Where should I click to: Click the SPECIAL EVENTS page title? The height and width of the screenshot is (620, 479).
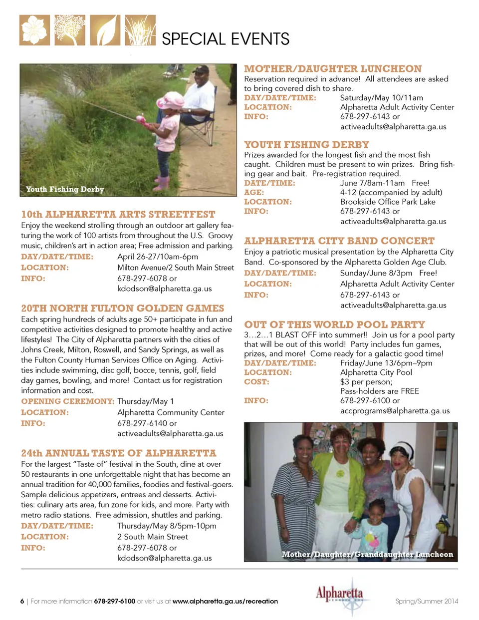pyautogui.click(x=226, y=39)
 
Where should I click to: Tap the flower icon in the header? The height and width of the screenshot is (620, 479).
pyautogui.click(x=34, y=30)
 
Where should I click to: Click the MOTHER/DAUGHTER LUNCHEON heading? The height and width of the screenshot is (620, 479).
pyautogui.click(x=333, y=69)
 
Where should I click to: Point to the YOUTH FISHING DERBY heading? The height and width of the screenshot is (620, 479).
pyautogui.click(x=306, y=145)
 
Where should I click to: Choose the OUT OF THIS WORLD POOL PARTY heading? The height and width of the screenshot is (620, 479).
pyautogui.click(x=334, y=324)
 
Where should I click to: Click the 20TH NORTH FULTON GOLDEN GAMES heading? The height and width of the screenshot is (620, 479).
pyautogui.click(x=122, y=309)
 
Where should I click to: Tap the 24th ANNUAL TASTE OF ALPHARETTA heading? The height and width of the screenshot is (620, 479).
pyautogui.click(x=118, y=453)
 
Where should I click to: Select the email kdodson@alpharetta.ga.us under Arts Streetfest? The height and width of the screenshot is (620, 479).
pyautogui.click(x=164, y=289)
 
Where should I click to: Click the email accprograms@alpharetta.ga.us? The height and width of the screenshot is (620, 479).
pyautogui.click(x=395, y=411)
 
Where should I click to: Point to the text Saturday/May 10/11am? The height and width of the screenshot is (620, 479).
pyautogui.click(x=381, y=98)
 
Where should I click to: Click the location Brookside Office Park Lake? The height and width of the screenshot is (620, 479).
pyautogui.click(x=388, y=202)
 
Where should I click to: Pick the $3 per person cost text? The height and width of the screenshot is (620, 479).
pyautogui.click(x=366, y=382)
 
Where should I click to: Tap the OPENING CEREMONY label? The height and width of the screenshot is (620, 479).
pyautogui.click(x=67, y=401)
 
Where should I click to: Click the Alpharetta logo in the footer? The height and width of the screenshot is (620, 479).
pyautogui.click(x=339, y=595)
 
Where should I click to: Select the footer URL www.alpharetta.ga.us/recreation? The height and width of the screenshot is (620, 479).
pyautogui.click(x=225, y=602)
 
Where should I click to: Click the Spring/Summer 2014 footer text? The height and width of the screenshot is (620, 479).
pyautogui.click(x=427, y=601)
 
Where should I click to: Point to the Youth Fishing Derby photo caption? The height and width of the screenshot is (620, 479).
pyautogui.click(x=65, y=189)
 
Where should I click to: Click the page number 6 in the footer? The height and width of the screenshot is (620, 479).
pyautogui.click(x=22, y=602)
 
